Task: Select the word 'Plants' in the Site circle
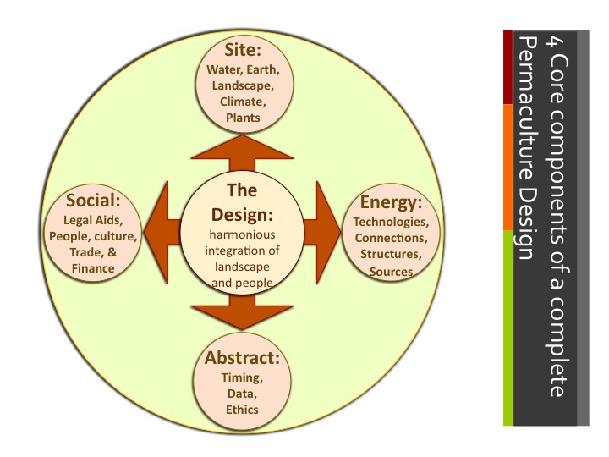coord(243,118)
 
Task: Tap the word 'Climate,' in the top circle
coord(243,102)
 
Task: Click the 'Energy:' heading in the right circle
coord(391,202)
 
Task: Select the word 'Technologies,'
coord(391,223)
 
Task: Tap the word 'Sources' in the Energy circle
coord(391,272)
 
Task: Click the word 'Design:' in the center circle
coord(243,213)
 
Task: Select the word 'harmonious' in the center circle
coord(243,234)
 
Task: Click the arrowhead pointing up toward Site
coord(243,146)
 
